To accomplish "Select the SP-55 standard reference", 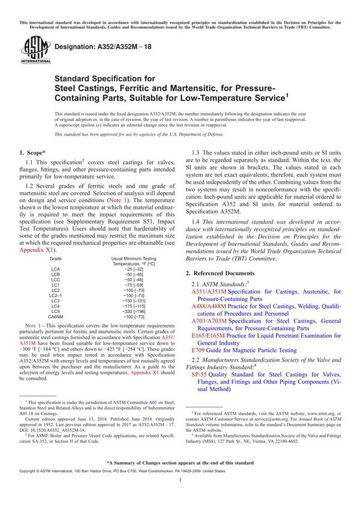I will (199, 373).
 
